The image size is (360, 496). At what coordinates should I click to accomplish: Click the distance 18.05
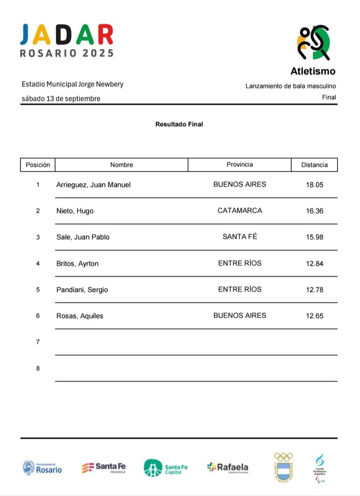[x=314, y=185]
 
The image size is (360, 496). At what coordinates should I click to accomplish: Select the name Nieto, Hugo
[x=75, y=211]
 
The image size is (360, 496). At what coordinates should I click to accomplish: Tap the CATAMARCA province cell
[x=239, y=210]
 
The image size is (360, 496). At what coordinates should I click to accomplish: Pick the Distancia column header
[x=314, y=165]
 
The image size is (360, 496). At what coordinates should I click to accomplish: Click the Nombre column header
[x=121, y=165]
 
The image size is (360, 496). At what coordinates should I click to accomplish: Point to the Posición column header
[x=38, y=165]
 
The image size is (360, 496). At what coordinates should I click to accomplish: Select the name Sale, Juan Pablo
[x=83, y=237]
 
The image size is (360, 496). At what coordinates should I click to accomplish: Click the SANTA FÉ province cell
[x=239, y=237]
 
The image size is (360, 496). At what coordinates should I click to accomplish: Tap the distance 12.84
[x=314, y=263]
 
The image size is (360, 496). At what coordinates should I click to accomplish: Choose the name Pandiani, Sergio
[x=82, y=290]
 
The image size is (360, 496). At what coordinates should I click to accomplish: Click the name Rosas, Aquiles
[x=80, y=316]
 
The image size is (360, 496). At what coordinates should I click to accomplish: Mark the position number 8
[x=38, y=368]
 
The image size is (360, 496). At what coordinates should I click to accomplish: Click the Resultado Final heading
[x=179, y=124]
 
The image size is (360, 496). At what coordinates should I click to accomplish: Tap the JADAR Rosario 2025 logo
[x=67, y=41]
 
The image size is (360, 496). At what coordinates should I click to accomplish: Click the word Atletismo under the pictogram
[x=313, y=72]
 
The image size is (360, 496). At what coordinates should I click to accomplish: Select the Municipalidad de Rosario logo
[x=42, y=467]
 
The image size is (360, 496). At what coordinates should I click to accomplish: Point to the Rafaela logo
[x=228, y=467]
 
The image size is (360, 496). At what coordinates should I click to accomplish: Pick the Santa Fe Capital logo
[x=165, y=468]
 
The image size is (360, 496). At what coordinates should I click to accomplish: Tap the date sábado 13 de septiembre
[x=61, y=99]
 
